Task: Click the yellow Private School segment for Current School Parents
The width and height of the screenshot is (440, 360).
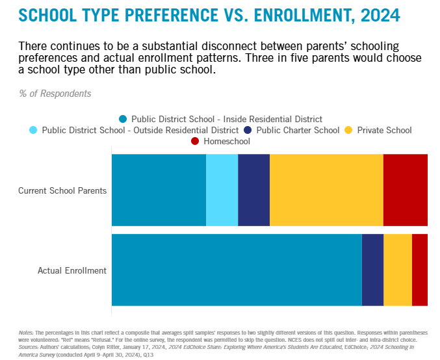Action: click(x=326, y=190)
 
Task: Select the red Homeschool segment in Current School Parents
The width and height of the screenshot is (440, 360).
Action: click(x=405, y=190)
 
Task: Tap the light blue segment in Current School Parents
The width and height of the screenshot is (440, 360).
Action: click(x=222, y=190)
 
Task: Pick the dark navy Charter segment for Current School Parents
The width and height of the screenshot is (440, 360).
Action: click(x=253, y=190)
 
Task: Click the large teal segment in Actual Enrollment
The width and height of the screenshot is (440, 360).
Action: click(x=237, y=270)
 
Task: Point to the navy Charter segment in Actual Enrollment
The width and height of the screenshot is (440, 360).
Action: click(x=372, y=270)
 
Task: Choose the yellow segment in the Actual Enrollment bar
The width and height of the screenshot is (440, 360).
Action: click(x=398, y=270)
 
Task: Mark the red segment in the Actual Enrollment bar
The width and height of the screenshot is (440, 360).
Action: click(x=420, y=270)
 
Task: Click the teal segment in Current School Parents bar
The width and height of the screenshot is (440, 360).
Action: click(x=159, y=190)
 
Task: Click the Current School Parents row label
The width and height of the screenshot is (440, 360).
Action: click(x=62, y=191)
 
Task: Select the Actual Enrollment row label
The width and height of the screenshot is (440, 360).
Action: click(x=72, y=270)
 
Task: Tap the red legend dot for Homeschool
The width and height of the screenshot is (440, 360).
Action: click(x=195, y=141)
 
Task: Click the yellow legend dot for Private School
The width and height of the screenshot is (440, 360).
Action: click(x=348, y=130)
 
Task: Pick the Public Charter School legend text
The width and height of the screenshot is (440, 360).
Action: click(x=298, y=130)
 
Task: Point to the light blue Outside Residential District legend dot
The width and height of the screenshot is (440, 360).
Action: click(x=34, y=130)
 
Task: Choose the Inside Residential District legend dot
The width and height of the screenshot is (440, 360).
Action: click(x=123, y=119)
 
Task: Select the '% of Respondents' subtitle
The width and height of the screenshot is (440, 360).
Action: click(x=55, y=94)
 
